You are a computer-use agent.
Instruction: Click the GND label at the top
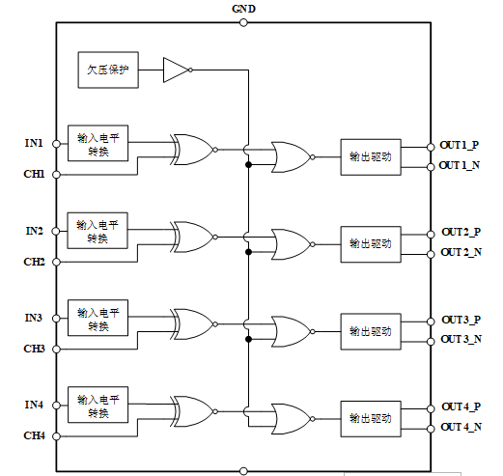[x=243, y=9]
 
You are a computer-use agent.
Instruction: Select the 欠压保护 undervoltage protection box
[x=108, y=70]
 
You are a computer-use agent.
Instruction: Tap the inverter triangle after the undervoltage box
[x=178, y=70]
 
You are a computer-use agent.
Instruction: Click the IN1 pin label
[x=34, y=143]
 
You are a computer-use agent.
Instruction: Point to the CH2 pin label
[x=34, y=262]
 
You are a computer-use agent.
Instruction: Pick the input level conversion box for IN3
[x=98, y=318]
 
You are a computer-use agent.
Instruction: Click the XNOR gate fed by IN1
[x=194, y=150]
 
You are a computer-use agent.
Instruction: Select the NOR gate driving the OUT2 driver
[x=293, y=244]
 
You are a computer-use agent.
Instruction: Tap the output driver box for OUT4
[x=371, y=419]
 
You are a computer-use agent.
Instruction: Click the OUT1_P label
[x=460, y=145]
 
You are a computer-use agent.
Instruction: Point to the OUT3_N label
[x=461, y=339]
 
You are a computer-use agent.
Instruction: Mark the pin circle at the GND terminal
[x=243, y=22]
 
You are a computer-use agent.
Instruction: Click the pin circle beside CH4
[x=56, y=436]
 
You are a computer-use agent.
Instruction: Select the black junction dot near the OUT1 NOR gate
[x=248, y=165]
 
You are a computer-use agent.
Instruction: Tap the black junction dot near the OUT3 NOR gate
[x=248, y=339]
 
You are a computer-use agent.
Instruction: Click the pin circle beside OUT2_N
[x=431, y=255]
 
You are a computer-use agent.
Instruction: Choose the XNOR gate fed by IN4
[x=194, y=411]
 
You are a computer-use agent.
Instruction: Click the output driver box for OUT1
[x=371, y=157]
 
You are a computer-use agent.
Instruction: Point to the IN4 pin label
[x=34, y=405]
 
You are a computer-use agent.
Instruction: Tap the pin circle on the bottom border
[x=243, y=471]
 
